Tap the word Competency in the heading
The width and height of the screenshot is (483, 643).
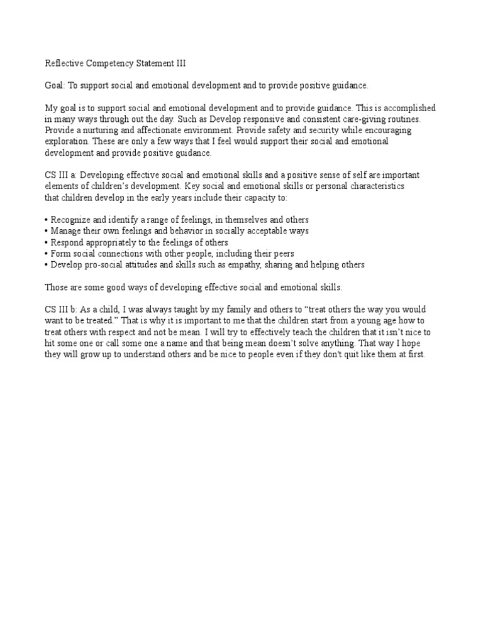[110, 63]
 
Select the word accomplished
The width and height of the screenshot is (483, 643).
[411, 109]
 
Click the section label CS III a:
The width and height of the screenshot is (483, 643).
[61, 175]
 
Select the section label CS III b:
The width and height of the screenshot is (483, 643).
[61, 310]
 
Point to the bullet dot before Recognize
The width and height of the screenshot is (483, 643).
[47, 220]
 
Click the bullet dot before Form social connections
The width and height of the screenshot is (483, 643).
[47, 254]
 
